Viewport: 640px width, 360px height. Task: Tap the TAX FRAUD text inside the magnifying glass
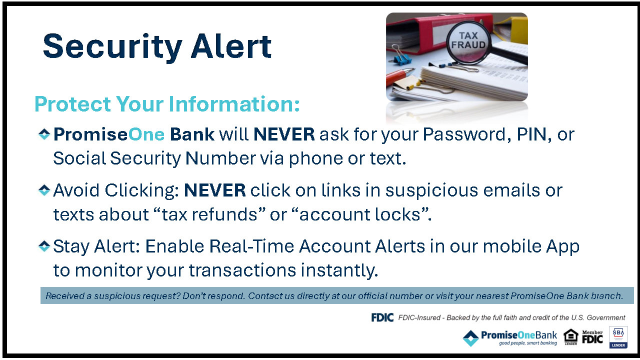[468, 40]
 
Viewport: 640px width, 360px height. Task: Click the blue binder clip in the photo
[401, 58]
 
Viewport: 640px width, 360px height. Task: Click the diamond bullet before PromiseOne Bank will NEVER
[44, 134]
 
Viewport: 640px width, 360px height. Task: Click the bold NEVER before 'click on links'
[215, 190]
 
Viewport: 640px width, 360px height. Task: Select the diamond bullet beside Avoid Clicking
[44, 190]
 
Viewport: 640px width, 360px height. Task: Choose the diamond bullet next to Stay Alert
[44, 246]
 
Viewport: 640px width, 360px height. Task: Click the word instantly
[339, 270]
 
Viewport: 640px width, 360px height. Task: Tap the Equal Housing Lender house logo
[570, 337]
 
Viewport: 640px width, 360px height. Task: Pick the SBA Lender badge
[618, 337]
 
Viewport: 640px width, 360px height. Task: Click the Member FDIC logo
[592, 337]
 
